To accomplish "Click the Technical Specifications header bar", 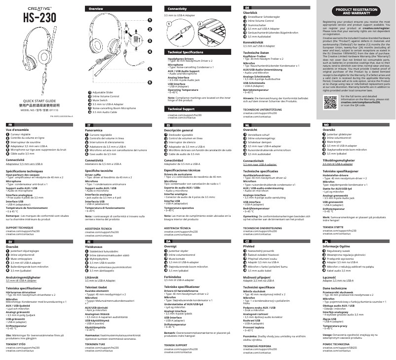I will (x=186, y=52).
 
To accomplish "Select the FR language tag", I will (x=10, y=125).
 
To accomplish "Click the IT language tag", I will (x=88, y=125).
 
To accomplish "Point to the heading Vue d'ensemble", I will (x=17, y=130).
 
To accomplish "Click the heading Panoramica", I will (x=95, y=130).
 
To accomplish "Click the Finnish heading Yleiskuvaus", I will (x=95, y=246).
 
